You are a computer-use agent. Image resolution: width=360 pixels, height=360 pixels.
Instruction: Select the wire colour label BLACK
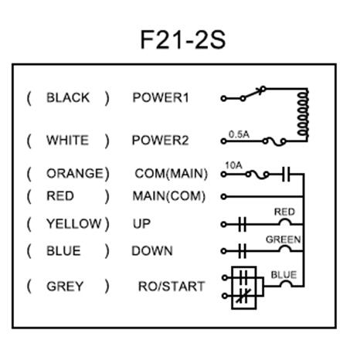(x=68, y=98)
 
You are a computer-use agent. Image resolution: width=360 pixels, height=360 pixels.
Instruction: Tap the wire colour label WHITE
(x=67, y=141)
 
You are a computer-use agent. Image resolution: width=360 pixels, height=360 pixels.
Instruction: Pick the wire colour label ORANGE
(x=74, y=173)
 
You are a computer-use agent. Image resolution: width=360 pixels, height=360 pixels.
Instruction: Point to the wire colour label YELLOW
(x=73, y=224)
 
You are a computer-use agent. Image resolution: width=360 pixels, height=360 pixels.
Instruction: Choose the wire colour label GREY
(x=65, y=286)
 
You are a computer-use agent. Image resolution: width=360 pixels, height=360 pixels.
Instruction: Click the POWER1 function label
(x=161, y=98)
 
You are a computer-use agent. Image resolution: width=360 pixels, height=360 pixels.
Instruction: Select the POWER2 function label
(x=161, y=141)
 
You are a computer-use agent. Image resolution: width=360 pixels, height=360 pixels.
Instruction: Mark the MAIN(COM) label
(x=166, y=197)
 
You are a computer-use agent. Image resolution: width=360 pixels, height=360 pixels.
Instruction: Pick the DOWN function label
(x=151, y=251)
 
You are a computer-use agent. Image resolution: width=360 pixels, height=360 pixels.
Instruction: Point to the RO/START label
(x=171, y=286)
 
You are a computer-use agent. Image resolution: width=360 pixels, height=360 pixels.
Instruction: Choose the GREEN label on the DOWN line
(x=284, y=239)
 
